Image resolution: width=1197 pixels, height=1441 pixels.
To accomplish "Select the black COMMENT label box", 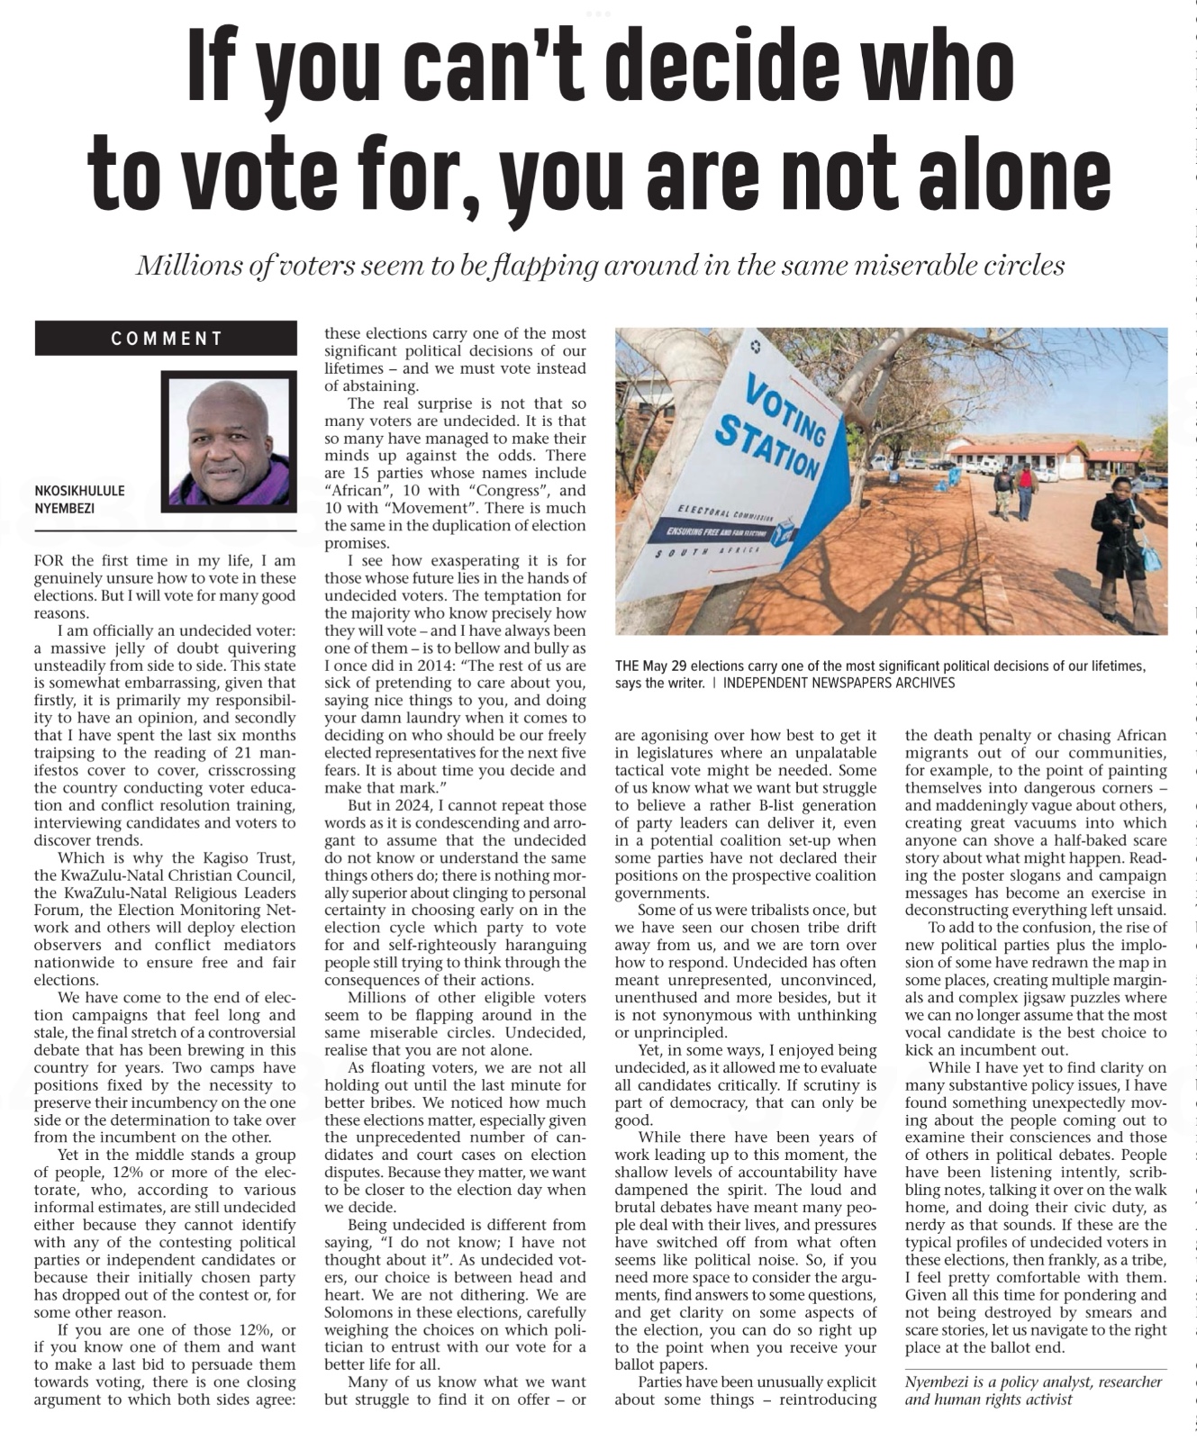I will (166, 339).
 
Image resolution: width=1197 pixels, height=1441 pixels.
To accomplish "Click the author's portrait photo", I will (230, 441).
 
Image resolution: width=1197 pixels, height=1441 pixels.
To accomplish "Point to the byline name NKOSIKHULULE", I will (79, 491).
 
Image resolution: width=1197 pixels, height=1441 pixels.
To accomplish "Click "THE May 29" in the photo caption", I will (654, 666).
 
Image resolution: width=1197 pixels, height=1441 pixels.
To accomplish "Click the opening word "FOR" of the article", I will (50, 561).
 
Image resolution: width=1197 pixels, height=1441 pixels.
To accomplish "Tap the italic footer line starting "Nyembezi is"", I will (1033, 1391).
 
